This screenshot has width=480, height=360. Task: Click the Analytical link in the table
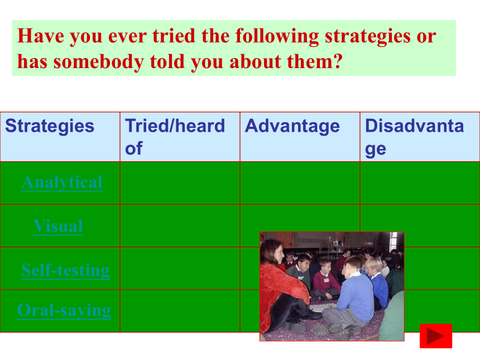[x=62, y=183]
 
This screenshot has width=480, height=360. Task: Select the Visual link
[x=58, y=226]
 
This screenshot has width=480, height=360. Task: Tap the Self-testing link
[x=65, y=270]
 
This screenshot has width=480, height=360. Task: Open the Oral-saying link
[x=64, y=310]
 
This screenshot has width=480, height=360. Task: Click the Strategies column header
[x=50, y=126]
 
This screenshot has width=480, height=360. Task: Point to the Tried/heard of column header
[x=175, y=137]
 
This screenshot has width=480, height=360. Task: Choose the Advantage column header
[x=292, y=126]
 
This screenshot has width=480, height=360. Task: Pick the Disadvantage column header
[x=415, y=137]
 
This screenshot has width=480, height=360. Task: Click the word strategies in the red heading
[x=367, y=36]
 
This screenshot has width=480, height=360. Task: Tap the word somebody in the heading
[x=99, y=61]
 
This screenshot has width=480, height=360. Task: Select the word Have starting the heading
[x=41, y=36]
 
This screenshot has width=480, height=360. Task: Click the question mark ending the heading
[x=338, y=61]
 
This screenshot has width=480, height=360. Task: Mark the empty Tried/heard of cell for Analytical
[x=180, y=183]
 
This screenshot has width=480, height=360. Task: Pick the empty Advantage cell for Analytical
[x=300, y=183]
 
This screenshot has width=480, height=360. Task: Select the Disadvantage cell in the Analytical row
[x=420, y=183]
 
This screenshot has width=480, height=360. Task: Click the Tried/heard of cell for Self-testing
[x=180, y=268]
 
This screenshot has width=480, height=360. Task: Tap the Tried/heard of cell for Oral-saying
[x=180, y=311]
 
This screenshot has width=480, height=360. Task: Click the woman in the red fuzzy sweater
[x=283, y=288]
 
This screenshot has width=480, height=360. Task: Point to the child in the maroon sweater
[x=326, y=280]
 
